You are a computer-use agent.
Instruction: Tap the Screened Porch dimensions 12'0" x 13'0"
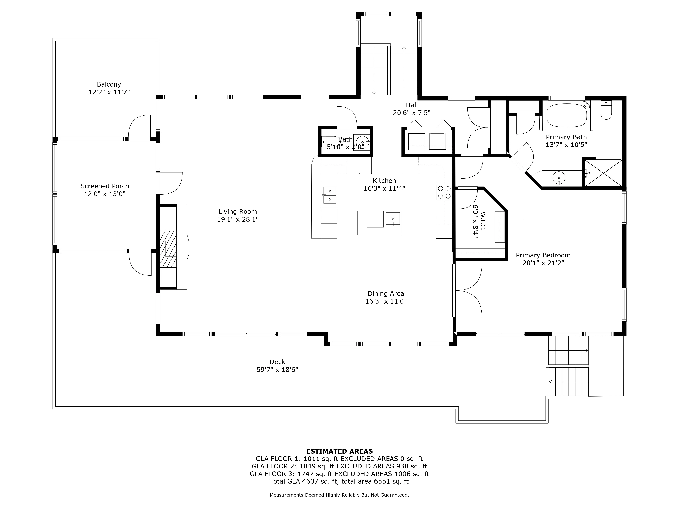105,194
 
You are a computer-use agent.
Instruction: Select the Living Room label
238,211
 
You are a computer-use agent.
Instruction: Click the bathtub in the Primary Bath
567,115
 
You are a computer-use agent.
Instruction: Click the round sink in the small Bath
362,142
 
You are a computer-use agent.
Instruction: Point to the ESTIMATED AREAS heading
339,451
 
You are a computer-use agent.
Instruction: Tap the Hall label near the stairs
412,105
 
